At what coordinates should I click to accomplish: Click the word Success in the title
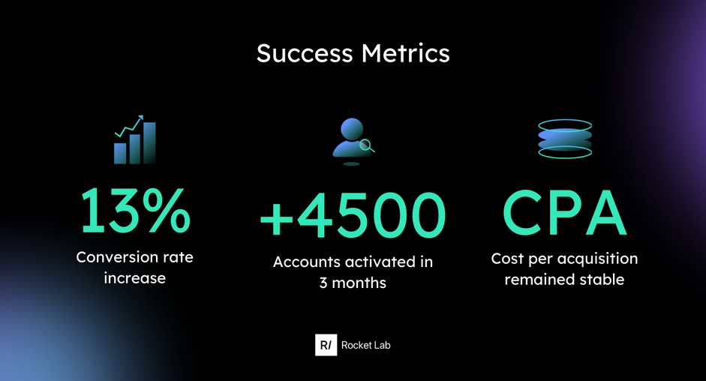click(x=305, y=53)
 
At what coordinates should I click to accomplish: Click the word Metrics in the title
click(x=405, y=53)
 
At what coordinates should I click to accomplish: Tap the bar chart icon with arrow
click(x=134, y=139)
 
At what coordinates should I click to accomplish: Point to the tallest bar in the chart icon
click(x=149, y=142)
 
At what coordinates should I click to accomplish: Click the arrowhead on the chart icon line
click(x=140, y=118)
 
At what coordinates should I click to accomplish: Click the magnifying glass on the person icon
click(x=367, y=145)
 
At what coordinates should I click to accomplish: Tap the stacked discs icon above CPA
click(x=565, y=139)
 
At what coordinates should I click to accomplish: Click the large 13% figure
click(x=135, y=211)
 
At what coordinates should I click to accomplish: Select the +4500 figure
click(x=353, y=214)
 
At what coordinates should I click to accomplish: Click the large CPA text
click(x=565, y=212)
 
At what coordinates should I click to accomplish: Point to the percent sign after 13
click(x=167, y=211)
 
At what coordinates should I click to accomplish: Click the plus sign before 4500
click(x=277, y=219)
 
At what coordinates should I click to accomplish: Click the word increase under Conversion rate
click(x=134, y=277)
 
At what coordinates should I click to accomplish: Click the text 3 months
click(x=353, y=283)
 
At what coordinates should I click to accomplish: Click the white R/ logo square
click(x=326, y=345)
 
